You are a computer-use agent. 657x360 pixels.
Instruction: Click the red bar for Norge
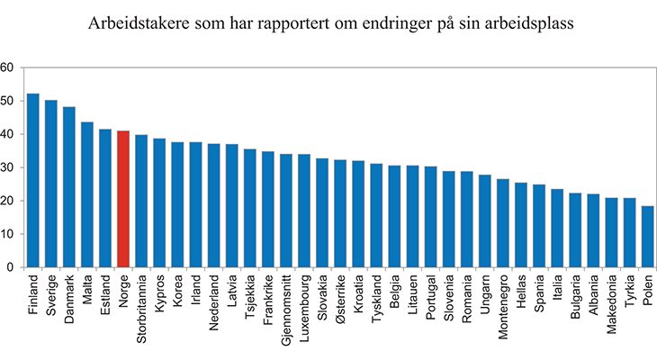[x=123, y=199]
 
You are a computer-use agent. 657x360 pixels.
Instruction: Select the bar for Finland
[x=33, y=180]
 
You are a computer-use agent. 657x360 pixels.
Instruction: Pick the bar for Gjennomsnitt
[x=286, y=211]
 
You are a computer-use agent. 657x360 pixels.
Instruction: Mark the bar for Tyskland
[x=376, y=215]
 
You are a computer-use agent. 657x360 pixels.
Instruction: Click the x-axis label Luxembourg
[x=304, y=310]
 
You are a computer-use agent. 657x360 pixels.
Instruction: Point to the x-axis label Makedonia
[x=611, y=307]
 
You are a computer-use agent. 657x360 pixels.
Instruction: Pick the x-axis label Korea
[x=178, y=293]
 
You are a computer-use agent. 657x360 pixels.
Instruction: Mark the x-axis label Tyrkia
[x=629, y=296]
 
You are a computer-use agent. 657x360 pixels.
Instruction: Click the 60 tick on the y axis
[x=7, y=67]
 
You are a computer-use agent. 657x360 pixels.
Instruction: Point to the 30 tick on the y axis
[x=7, y=167]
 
